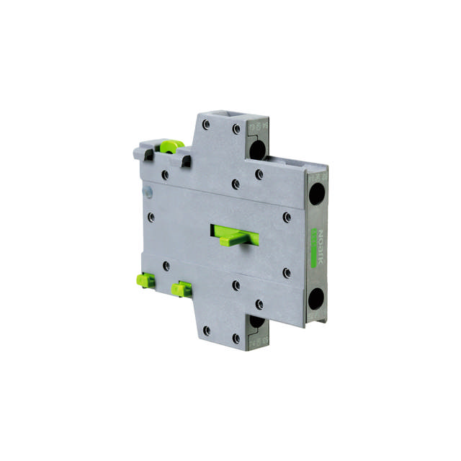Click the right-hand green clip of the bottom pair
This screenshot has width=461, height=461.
(180, 289)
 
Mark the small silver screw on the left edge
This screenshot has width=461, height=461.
(148, 192)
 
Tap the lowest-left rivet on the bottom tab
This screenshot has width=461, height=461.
(207, 330)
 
